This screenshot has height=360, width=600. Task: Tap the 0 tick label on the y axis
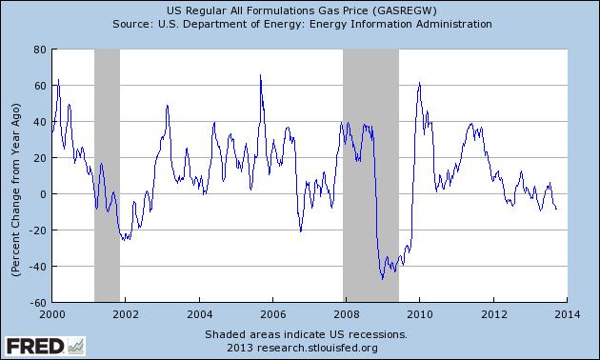click(42, 194)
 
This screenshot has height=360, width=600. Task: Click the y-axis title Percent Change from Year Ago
click(15, 175)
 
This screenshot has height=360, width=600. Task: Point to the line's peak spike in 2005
click(261, 76)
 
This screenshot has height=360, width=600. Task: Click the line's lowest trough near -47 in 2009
click(382, 278)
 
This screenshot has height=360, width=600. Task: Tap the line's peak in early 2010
click(420, 84)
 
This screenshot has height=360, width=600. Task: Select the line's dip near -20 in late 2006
click(300, 230)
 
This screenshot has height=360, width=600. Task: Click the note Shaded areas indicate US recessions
click(305, 335)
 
